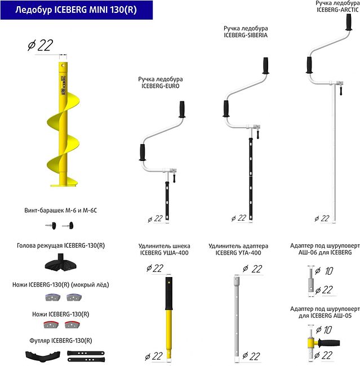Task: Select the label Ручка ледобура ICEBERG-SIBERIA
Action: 245,32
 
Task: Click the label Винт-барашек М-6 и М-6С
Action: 61,210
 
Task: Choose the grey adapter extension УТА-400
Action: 237,315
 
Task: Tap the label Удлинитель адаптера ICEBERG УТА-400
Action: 238,249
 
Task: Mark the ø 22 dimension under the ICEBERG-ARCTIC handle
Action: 322,218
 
